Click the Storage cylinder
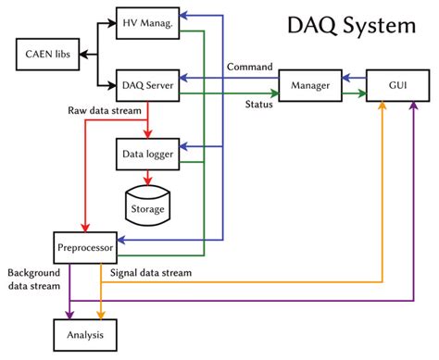click(147, 203)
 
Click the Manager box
click(309, 85)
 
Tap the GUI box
click(398, 85)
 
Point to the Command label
click(250, 68)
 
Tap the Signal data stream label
click(151, 273)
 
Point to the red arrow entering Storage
click(146, 179)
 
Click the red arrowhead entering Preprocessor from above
click(85, 228)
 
